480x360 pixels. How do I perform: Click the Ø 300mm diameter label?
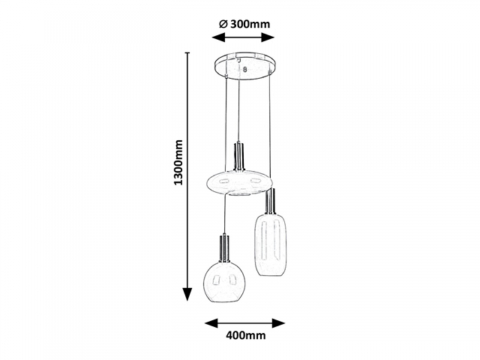click(x=245, y=24)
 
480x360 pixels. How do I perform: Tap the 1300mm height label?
click(x=178, y=162)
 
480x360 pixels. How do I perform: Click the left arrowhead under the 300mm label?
click(x=218, y=37)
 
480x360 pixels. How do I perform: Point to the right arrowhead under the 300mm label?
click(x=268, y=37)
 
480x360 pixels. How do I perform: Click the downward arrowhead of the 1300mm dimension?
click(x=187, y=295)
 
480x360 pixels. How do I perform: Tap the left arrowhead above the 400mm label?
click(x=211, y=323)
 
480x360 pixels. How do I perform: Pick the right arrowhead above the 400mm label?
click(x=278, y=323)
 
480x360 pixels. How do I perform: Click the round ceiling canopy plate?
click(x=244, y=65)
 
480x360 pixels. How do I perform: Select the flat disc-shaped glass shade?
click(x=238, y=183)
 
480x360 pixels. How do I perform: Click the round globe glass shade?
click(x=226, y=281)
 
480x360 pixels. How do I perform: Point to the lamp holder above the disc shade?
click(x=239, y=156)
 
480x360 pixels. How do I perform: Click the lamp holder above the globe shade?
click(x=225, y=248)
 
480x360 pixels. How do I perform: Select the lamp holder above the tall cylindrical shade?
click(x=271, y=201)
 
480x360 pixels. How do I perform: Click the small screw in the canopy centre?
click(x=244, y=70)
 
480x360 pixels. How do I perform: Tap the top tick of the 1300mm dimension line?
click(x=187, y=53)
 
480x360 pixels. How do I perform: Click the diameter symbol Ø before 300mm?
click(x=223, y=24)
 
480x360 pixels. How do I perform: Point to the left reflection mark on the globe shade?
click(x=217, y=280)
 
